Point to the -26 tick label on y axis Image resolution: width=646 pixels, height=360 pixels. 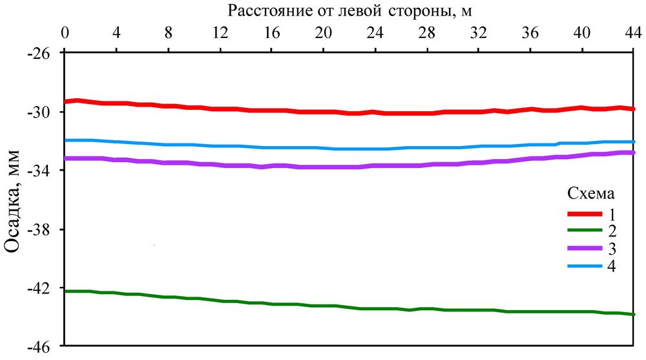coord(41,54)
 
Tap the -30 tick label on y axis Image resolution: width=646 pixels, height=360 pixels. coord(41,112)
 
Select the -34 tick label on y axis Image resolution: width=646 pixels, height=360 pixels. coord(41,171)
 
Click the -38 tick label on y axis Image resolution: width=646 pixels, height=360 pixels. coord(41,229)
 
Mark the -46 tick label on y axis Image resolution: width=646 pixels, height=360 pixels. coord(41,346)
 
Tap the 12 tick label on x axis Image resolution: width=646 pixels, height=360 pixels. coord(220,33)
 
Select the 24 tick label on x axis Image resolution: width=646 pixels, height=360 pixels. coord(375,33)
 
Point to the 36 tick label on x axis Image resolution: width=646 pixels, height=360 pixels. coord(531,33)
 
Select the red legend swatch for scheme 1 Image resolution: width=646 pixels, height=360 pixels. coord(584,213)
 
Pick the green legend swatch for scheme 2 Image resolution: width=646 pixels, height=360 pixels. coord(584,231)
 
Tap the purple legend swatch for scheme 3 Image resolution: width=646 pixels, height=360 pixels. coord(584,249)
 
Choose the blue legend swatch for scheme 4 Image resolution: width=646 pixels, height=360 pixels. coord(584,266)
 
